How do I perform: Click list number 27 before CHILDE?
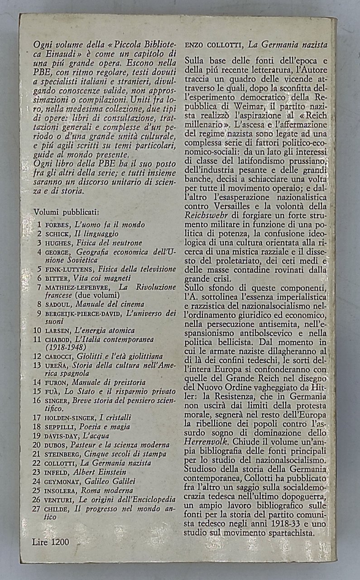coord(39,509)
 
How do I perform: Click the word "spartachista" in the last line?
coord(291,534)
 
